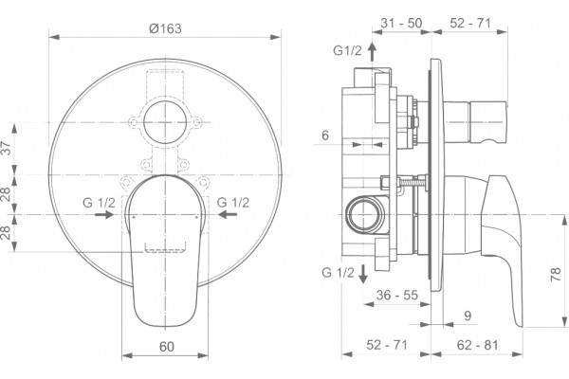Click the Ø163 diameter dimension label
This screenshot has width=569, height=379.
(x=165, y=28)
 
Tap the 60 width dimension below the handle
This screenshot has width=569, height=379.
(x=167, y=347)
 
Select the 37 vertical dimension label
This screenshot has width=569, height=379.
(x=7, y=149)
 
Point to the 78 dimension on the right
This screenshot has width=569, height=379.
(x=556, y=275)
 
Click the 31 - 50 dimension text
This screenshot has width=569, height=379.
(x=401, y=23)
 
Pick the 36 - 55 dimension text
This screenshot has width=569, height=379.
(x=397, y=296)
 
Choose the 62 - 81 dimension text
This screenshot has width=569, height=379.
(x=477, y=345)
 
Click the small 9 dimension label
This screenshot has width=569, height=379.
(x=468, y=316)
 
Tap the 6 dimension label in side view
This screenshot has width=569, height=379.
(x=325, y=135)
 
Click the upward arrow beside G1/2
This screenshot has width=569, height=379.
(x=372, y=51)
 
